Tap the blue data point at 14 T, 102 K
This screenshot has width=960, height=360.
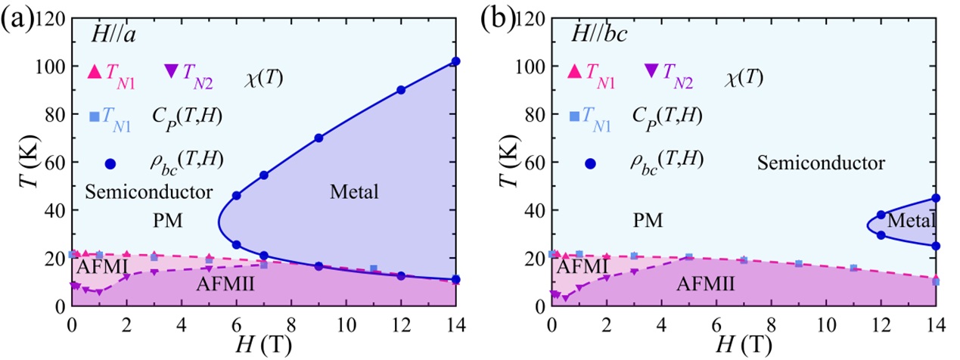point(455,61)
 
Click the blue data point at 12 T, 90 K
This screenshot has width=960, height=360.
point(401,90)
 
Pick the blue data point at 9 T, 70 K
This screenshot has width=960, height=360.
point(318,138)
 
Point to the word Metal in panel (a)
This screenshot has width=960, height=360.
point(354,193)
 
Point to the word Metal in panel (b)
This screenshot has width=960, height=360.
point(911,221)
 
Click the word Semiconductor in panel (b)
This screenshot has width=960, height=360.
point(821,163)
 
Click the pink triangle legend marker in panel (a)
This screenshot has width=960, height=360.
point(95,72)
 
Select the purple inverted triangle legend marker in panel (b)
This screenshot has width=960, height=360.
point(651,71)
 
